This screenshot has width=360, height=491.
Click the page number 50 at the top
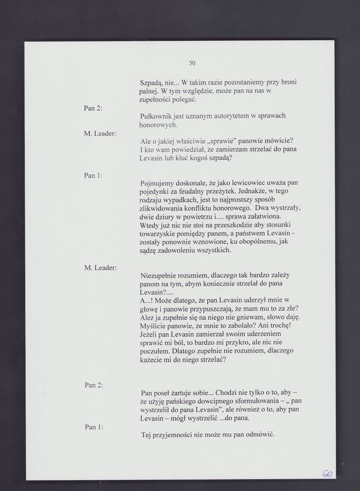tap(192, 62)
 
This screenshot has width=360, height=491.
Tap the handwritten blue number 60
tap(327, 475)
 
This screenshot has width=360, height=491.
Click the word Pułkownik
tap(156, 116)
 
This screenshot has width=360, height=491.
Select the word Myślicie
tap(155, 326)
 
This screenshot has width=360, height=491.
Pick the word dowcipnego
tap(215, 401)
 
